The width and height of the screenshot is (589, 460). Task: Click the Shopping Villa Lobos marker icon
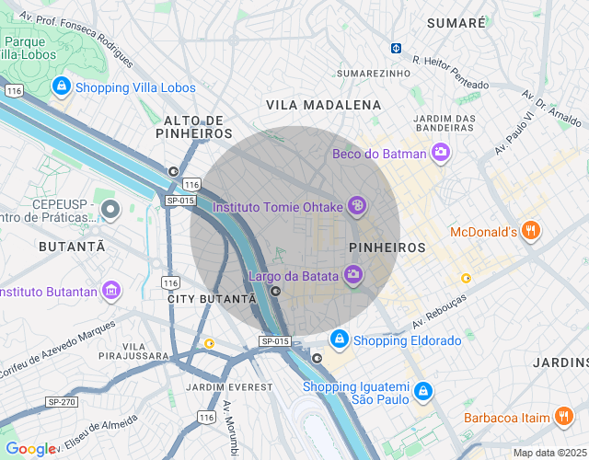(x=62, y=86)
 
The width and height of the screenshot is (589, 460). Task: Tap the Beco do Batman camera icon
(x=441, y=152)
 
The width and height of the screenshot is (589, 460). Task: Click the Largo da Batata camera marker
(x=352, y=273)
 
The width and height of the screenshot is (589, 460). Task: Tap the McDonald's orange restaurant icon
(x=530, y=231)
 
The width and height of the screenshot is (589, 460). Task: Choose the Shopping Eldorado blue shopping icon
(x=340, y=339)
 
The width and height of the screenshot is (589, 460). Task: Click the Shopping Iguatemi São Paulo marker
(x=422, y=392)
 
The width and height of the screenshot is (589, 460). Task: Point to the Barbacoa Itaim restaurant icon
(x=564, y=417)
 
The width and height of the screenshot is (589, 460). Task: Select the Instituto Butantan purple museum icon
(x=111, y=291)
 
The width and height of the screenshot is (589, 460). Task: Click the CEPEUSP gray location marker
(x=111, y=210)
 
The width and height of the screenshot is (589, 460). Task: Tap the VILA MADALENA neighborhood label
(x=323, y=106)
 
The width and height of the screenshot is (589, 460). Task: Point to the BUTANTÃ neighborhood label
(x=72, y=247)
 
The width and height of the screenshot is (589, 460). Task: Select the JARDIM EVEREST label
(x=228, y=387)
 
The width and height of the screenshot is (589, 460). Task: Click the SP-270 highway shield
(x=62, y=402)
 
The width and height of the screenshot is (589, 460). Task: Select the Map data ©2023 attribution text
(x=549, y=453)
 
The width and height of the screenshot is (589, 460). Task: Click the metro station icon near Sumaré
(x=397, y=48)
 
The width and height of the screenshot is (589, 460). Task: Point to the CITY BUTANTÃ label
(x=212, y=299)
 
